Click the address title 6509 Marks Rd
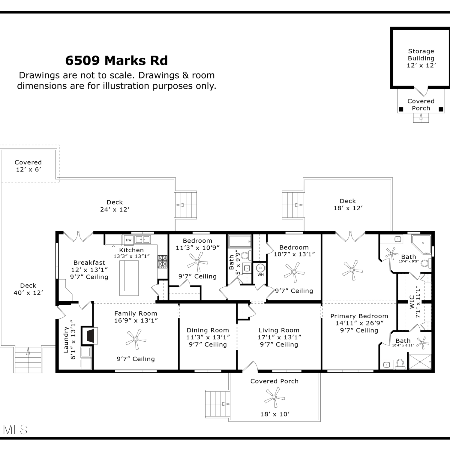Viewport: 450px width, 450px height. click(x=116, y=61)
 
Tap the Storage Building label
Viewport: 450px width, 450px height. click(x=421, y=55)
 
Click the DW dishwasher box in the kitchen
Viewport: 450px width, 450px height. click(x=129, y=240)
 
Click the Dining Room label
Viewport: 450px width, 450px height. click(x=208, y=330)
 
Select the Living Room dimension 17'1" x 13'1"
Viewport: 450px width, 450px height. click(x=279, y=337)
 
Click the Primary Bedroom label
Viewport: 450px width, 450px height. click(x=359, y=316)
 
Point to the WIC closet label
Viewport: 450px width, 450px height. click(x=412, y=302)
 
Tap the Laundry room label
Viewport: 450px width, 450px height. click(x=66, y=340)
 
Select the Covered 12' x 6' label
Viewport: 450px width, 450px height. click(x=28, y=166)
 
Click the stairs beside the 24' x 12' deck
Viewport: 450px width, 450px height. click(x=186, y=205)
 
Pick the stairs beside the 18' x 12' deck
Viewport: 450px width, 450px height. click(x=293, y=205)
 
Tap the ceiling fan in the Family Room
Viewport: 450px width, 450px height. click(x=136, y=339)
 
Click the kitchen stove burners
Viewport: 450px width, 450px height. click(x=163, y=261)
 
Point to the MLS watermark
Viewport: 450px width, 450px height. click(x=15, y=430)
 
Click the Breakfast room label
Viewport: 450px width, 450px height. click(x=89, y=262)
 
